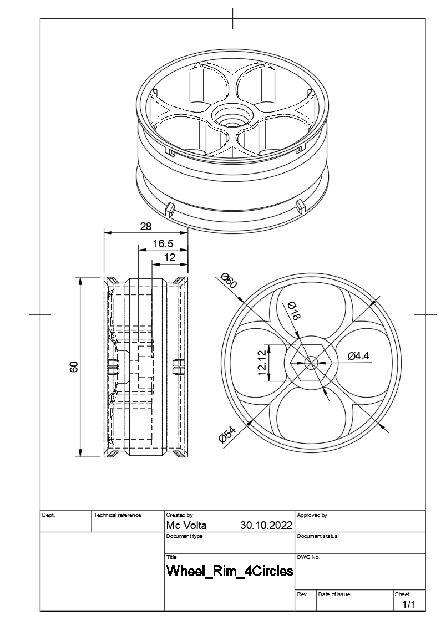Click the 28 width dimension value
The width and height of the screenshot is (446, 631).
coord(145,226)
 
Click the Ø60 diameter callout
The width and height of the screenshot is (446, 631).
coord(229,280)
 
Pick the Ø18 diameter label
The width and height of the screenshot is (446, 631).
coord(293,312)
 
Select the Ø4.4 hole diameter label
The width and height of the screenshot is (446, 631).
coord(358,356)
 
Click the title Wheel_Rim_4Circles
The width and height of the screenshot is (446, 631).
coord(230,571)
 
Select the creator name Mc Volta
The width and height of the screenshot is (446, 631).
coord(186,525)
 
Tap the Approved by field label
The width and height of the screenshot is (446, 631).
coord(312,515)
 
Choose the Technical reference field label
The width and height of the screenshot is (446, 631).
coord(117,515)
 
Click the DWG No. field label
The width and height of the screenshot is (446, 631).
coord(308,557)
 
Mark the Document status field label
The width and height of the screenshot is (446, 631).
coord(317,536)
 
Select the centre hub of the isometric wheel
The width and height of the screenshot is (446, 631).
coord(232,117)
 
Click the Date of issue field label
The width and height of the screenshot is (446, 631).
coord(334,594)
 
